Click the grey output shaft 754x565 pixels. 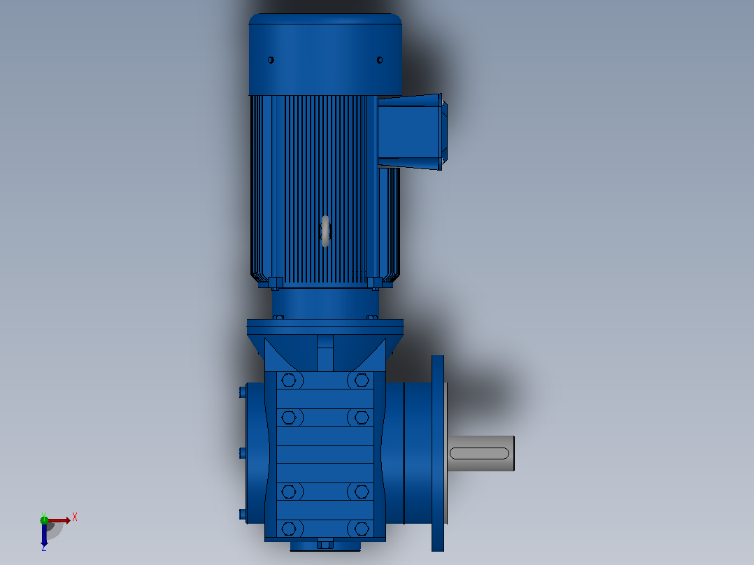click(481, 453)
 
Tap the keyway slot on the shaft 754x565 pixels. click(479, 453)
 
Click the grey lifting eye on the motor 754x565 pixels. click(325, 231)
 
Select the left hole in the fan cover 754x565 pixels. click(271, 60)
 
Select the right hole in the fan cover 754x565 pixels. click(379, 60)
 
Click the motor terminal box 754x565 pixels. click(412, 132)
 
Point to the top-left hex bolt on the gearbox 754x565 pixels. click(288, 380)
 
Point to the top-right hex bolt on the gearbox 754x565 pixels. click(362, 380)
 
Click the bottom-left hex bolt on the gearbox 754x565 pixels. click(288, 529)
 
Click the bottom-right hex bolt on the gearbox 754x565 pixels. click(362, 529)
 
